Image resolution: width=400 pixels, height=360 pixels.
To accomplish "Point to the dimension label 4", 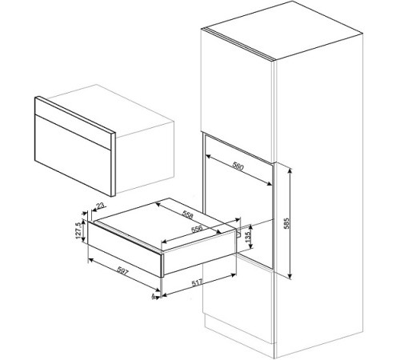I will tap(154, 296).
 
